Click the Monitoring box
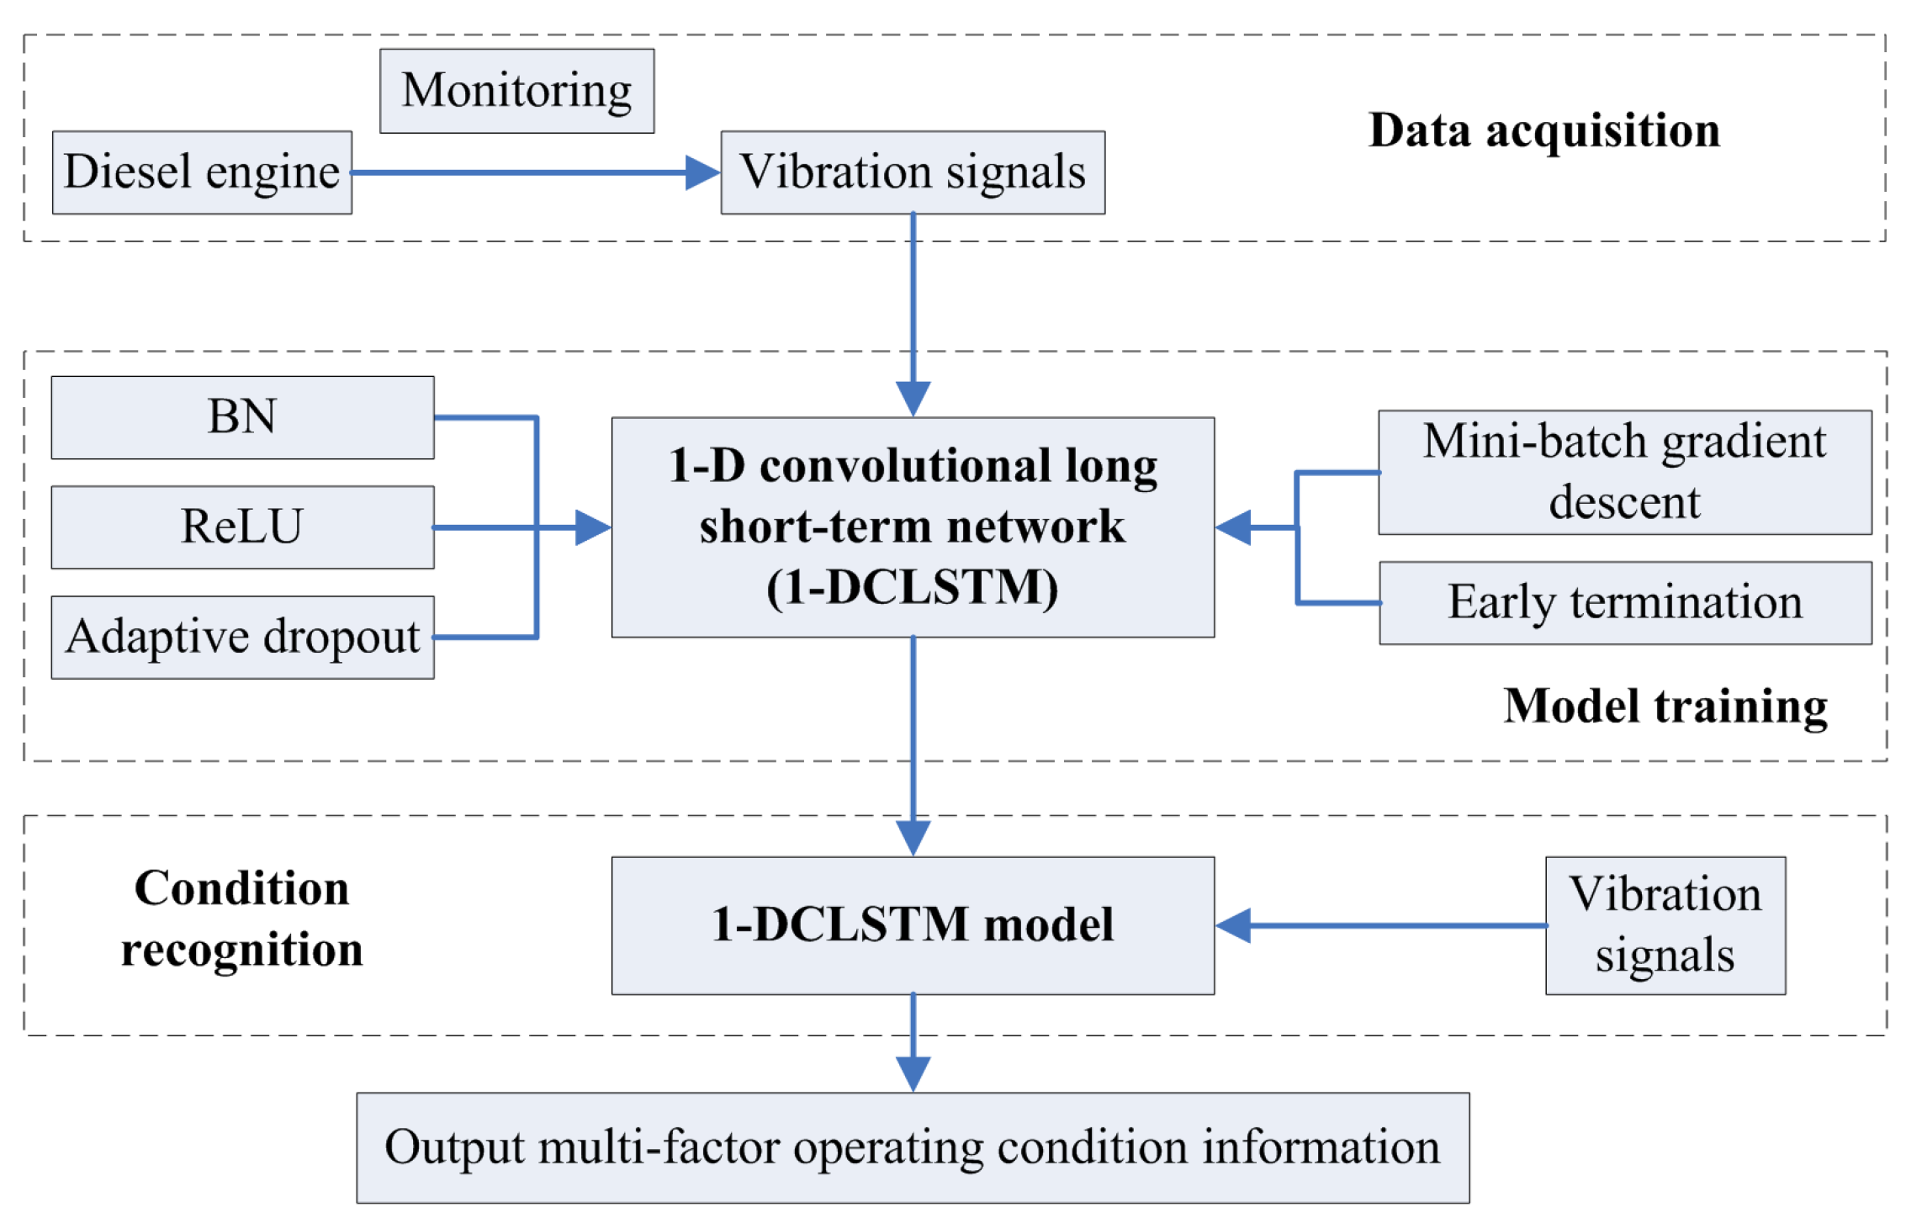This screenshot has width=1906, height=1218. (516, 91)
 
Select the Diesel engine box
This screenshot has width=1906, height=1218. (202, 172)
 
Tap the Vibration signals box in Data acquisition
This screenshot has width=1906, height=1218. (913, 172)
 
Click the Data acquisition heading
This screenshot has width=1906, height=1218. (1544, 131)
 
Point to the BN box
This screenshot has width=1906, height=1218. (242, 417)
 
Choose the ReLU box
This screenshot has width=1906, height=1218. (242, 527)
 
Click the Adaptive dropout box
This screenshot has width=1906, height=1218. (242, 637)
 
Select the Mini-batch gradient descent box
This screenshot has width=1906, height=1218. (1624, 472)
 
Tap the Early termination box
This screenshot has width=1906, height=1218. (1624, 603)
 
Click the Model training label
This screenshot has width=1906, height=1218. (1665, 706)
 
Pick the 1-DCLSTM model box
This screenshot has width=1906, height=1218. (913, 925)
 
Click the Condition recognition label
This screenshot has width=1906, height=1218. (242, 919)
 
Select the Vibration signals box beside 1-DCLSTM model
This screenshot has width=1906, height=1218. (1665, 925)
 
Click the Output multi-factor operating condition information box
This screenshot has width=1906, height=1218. (913, 1147)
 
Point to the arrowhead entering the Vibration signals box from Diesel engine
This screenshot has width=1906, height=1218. (702, 172)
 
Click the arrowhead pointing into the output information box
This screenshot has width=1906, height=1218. (913, 1073)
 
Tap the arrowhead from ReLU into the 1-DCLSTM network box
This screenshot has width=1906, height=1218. (593, 527)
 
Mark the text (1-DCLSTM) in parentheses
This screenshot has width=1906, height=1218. (913, 587)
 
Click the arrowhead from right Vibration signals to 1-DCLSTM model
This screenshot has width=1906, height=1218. (1234, 925)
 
